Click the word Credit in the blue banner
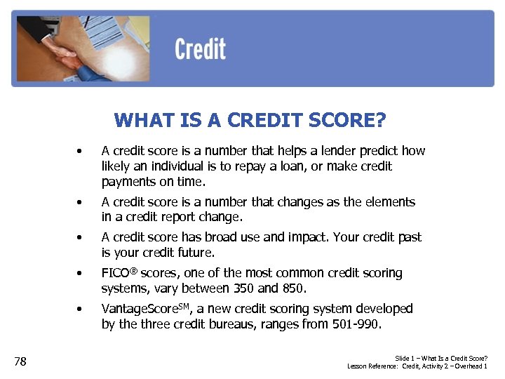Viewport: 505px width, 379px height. coord(200,50)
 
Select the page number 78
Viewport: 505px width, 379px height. coord(20,361)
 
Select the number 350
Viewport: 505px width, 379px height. coord(267,288)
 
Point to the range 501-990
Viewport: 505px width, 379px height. coord(357,324)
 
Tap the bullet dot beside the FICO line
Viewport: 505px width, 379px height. coord(82,274)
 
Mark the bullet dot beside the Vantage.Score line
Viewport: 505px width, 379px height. coord(82,310)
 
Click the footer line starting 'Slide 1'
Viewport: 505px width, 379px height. coord(441,358)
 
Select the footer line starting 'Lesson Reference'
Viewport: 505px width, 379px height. coord(417,366)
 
